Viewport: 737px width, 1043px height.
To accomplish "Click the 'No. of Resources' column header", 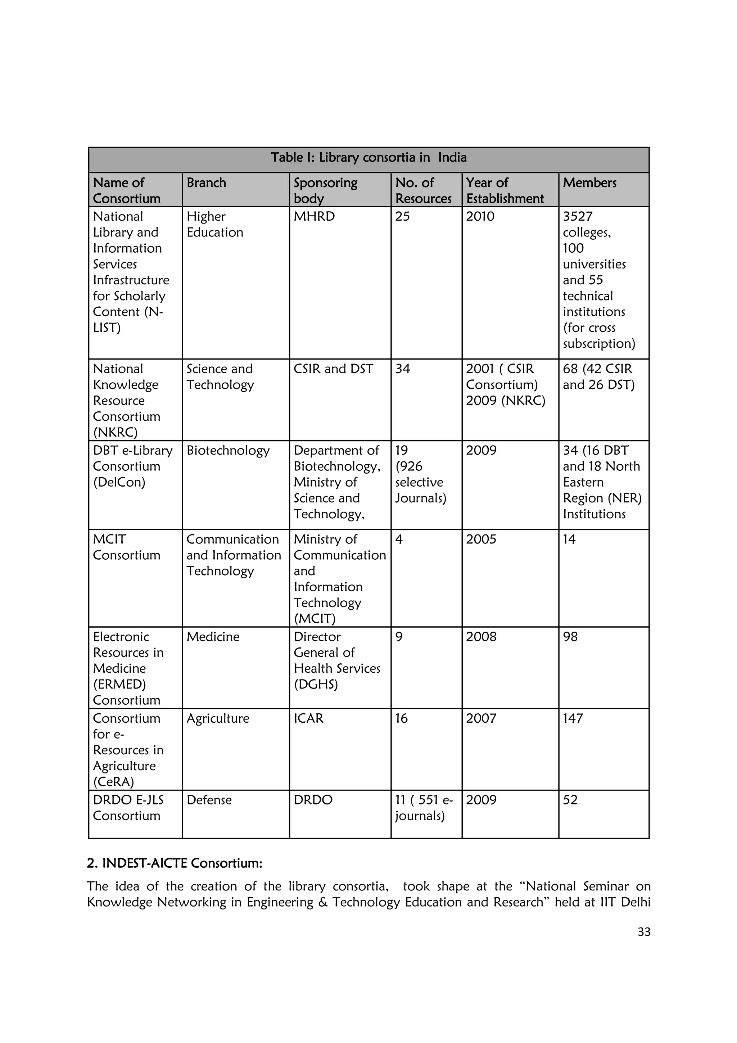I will click(x=423, y=190).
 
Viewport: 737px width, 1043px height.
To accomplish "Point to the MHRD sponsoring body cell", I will click(x=314, y=216).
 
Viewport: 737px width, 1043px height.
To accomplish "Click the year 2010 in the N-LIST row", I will click(x=480, y=216).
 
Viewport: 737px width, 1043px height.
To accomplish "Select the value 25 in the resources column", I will click(x=402, y=216).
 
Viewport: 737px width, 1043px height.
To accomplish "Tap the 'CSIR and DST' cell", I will click(x=333, y=369).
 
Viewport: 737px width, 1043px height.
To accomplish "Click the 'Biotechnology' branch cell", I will click(x=228, y=450).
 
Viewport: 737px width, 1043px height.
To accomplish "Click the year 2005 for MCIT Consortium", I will click(x=481, y=539).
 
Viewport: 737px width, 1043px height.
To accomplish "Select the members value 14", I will click(x=569, y=539).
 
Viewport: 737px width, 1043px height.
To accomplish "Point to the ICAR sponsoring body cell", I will click(x=308, y=718).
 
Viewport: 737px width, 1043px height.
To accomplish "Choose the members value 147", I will click(x=573, y=718).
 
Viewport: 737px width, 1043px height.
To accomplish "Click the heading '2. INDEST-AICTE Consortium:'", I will click(x=175, y=863).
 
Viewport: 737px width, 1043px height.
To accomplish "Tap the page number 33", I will click(x=643, y=932).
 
